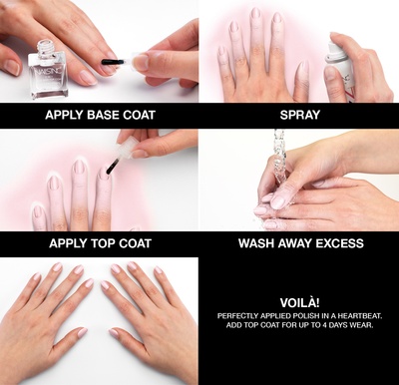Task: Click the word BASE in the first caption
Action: [x=99, y=115]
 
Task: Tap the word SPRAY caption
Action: [x=298, y=115]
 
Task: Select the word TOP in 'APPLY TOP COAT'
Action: [x=100, y=242]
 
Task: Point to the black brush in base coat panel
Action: [x=113, y=63]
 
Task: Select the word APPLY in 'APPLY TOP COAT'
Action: [x=63, y=242]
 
